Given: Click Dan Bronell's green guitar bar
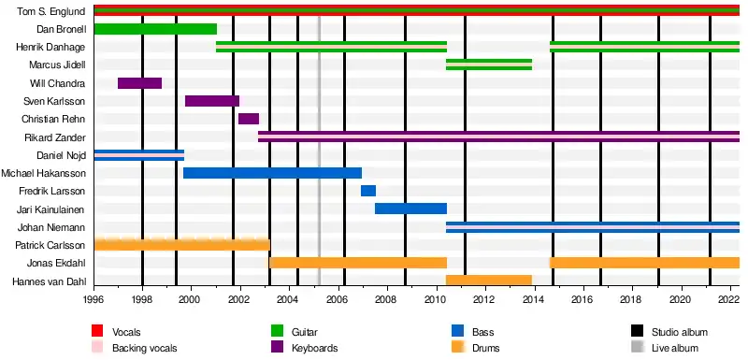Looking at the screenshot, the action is [155, 29].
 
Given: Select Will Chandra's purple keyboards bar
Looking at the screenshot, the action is [139, 83].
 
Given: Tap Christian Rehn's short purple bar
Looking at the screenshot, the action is [249, 119].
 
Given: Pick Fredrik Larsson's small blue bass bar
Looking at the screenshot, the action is [368, 191].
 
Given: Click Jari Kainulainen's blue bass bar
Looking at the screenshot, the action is [410, 209].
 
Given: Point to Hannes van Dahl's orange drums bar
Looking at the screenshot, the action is [489, 281].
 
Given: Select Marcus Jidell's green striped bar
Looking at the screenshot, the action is [489, 65].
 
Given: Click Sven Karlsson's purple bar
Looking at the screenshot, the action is [212, 101].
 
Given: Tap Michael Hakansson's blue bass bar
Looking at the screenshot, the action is [272, 173].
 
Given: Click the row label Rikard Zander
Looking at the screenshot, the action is [55, 137].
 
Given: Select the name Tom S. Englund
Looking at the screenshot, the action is [51, 11].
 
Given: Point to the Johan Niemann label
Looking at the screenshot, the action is [51, 227].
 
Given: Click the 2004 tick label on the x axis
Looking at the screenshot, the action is [290, 301].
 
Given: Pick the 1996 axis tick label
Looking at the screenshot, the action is [94, 301].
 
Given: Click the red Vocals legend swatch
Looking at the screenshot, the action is [97, 331].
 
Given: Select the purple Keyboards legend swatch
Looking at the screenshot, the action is [277, 346].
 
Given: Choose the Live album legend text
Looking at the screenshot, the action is [674, 348].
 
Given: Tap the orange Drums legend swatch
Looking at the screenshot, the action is [457, 346].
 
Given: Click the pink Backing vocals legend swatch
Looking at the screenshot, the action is [97, 346].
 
